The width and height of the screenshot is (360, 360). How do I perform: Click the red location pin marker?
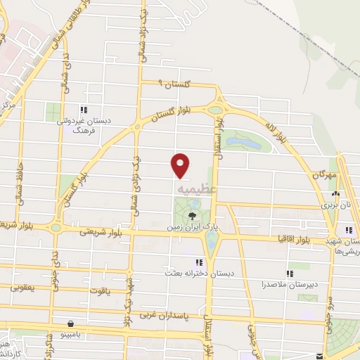(181, 165)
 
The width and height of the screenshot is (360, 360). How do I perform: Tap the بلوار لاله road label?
(279, 131)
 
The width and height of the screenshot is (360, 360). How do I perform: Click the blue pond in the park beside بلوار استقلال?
(242, 144)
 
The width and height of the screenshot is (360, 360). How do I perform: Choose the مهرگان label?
(324, 174)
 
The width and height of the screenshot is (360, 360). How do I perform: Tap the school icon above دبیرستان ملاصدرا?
(288, 274)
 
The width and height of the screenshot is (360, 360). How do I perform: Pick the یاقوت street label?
(101, 290)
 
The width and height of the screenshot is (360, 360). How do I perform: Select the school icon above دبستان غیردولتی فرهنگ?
(84, 110)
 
